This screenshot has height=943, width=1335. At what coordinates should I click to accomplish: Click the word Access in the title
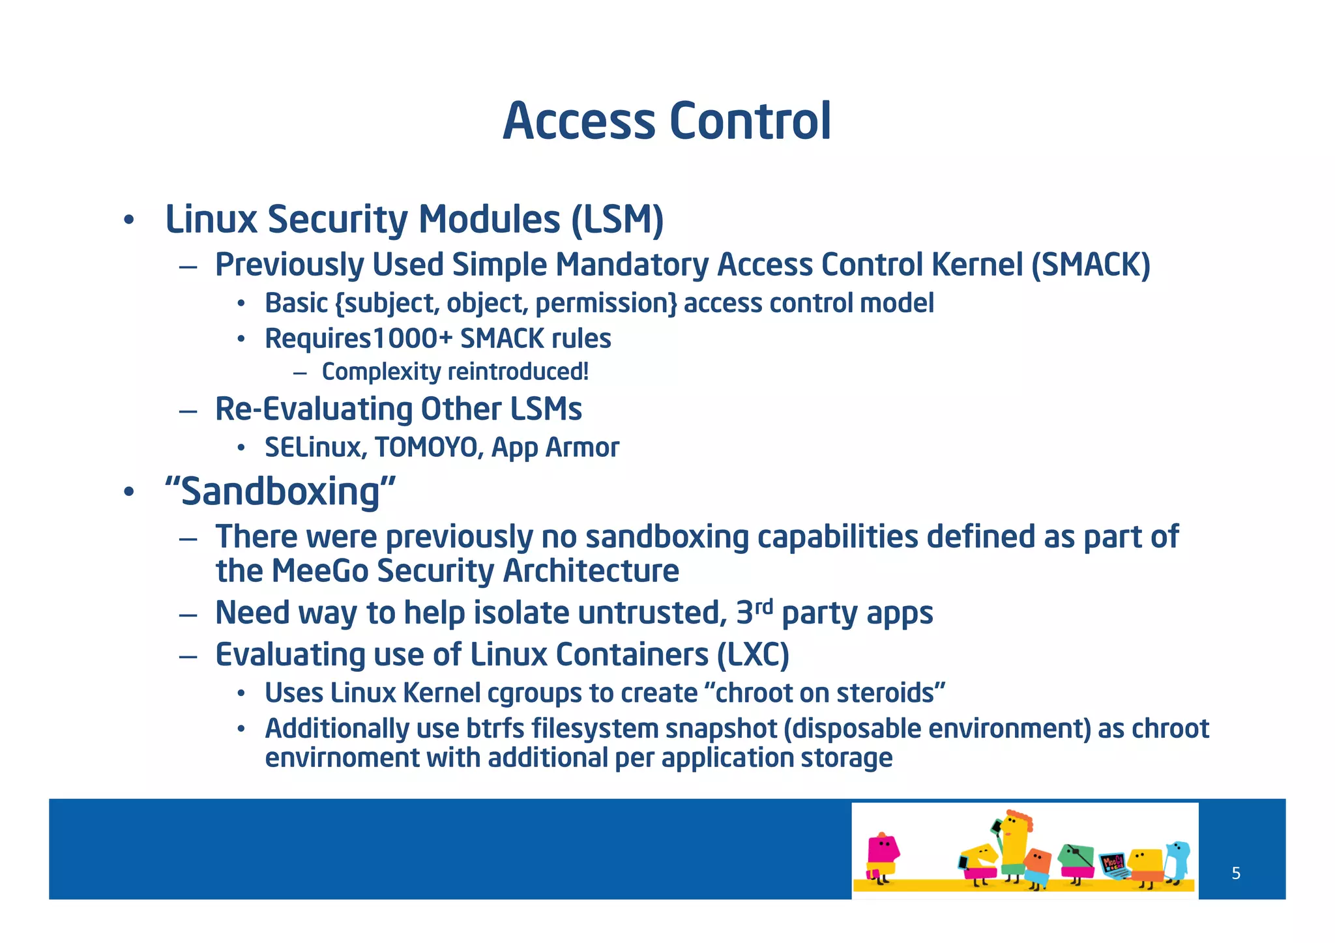click(578, 121)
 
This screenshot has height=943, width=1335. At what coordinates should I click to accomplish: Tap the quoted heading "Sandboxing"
click(280, 491)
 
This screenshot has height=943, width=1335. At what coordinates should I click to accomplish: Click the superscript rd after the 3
click(763, 607)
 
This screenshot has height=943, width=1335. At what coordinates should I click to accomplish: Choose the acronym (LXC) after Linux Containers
click(753, 655)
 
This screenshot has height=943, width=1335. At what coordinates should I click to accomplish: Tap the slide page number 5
click(1236, 873)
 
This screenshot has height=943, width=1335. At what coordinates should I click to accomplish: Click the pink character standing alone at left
click(881, 857)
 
